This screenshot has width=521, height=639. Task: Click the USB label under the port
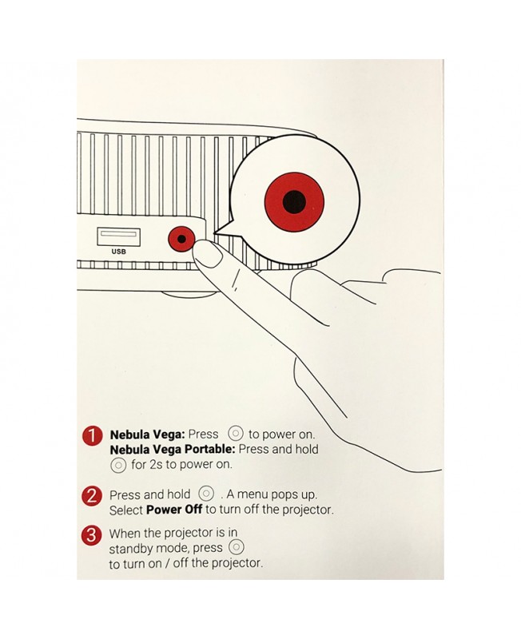(x=118, y=252)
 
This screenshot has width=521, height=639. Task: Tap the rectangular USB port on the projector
(x=118, y=236)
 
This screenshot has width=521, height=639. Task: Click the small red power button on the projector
(x=181, y=239)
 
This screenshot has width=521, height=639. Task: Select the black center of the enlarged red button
(x=294, y=202)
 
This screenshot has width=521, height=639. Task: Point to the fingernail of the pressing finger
(x=208, y=254)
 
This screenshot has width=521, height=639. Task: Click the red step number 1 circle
(x=92, y=436)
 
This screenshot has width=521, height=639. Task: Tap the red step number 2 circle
(x=92, y=496)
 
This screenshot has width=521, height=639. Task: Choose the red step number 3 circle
(x=91, y=534)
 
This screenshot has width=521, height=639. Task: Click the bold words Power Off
(x=174, y=510)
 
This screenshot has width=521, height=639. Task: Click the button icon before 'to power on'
(x=235, y=433)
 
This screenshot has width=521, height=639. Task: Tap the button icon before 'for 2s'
(x=118, y=465)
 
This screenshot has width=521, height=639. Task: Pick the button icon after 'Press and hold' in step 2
(x=206, y=494)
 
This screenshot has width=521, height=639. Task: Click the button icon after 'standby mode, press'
(x=237, y=546)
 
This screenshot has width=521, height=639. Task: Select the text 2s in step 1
(x=156, y=465)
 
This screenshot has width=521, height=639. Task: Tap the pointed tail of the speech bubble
(x=215, y=233)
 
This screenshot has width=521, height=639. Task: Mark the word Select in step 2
(x=126, y=510)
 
